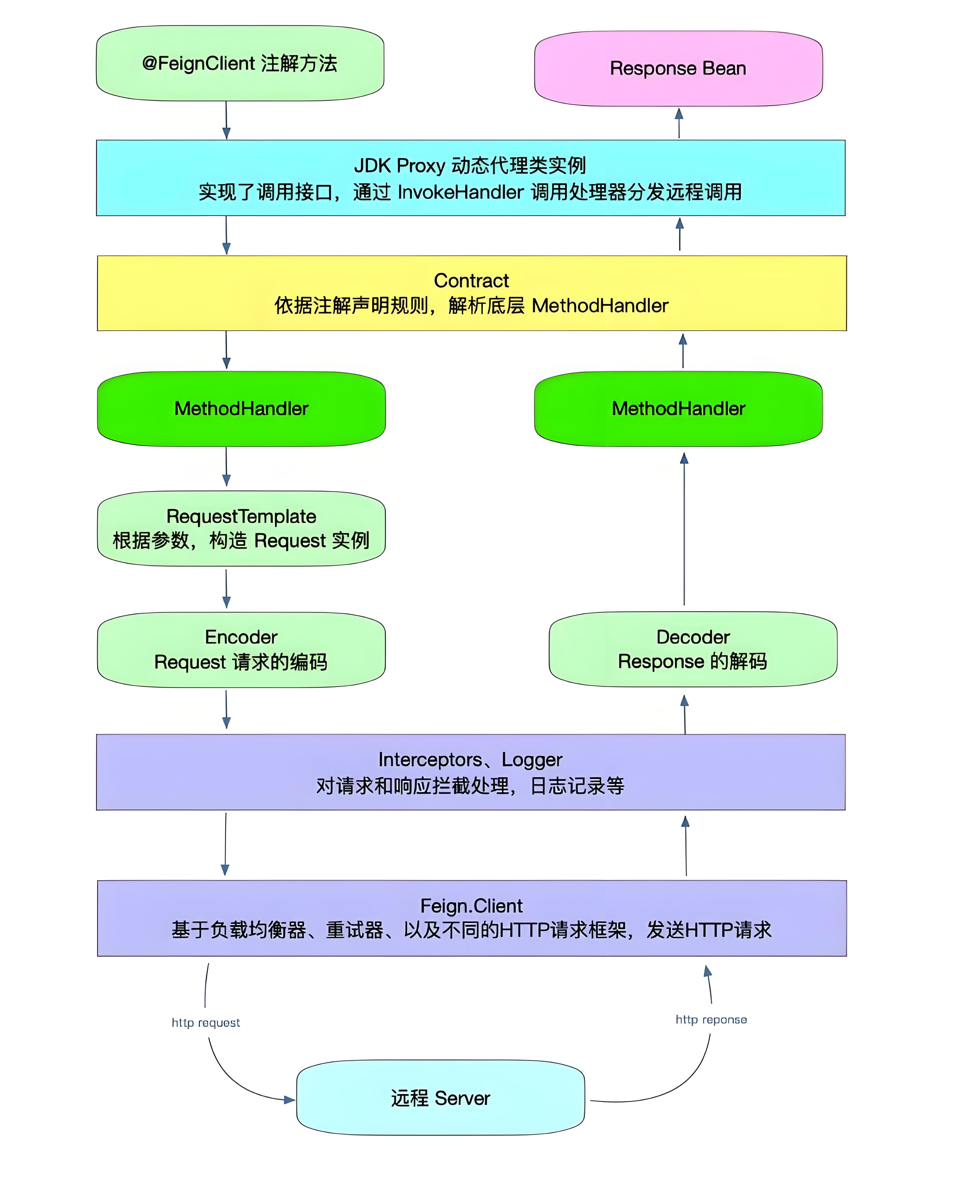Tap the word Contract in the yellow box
point(471,281)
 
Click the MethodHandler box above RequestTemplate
point(241,409)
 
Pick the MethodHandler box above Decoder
point(678,409)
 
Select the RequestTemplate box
point(241,528)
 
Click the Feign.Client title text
point(471,906)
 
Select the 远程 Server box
point(440,1098)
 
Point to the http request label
point(206,1023)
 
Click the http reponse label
point(711,1020)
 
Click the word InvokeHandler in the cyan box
point(460,192)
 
